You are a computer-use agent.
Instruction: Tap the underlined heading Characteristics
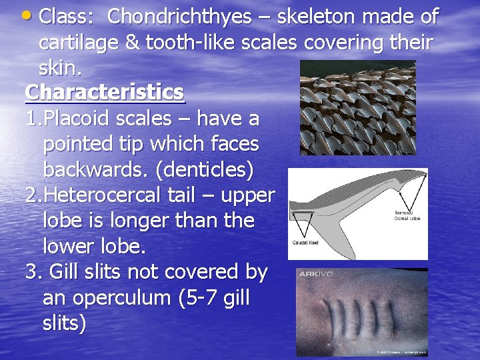[105, 92]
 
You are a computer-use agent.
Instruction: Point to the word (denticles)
[204, 170]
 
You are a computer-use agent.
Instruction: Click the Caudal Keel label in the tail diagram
[305, 243]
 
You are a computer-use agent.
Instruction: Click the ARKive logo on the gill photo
[316, 274]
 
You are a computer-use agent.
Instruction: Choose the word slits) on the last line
[64, 323]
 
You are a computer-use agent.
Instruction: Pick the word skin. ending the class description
[58, 67]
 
